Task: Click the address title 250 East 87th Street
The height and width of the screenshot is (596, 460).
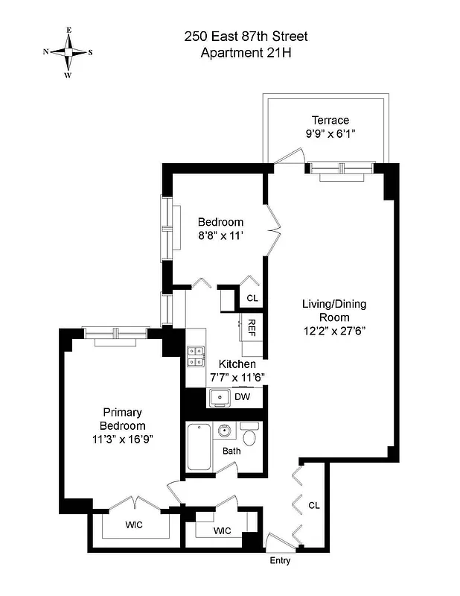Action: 246,37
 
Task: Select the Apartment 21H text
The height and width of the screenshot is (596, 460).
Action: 246,52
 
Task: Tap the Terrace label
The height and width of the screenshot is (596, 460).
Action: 330,120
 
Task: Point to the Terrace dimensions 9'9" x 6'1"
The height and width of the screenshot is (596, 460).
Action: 330,134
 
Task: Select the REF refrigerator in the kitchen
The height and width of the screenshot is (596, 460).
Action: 251,328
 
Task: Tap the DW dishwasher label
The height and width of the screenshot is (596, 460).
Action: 243,397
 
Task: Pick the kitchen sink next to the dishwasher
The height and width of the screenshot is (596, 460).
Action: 219,398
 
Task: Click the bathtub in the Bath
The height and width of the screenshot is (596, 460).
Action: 199,447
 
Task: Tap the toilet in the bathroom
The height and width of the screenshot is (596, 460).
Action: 250,436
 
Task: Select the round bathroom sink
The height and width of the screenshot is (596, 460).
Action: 225,431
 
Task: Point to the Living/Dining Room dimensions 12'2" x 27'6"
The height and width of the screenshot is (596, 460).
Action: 333,331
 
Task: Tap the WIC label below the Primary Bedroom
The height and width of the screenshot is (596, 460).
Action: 134,524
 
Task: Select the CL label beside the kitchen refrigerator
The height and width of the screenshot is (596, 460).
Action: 252,298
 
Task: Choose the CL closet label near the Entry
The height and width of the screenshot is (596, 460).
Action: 314,505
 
